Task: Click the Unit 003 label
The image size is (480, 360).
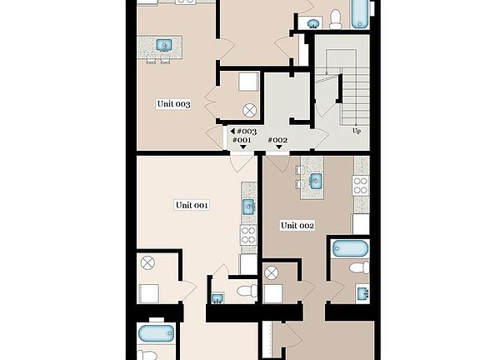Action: tap(174, 104)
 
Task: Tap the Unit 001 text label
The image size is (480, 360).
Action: tap(191, 205)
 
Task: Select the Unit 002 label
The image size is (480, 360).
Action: tap(297, 225)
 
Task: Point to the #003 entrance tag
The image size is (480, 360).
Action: tap(246, 132)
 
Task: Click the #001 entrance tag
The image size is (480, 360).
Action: tap(242, 141)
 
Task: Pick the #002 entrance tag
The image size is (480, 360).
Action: tap(277, 140)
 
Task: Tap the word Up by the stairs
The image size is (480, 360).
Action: tap(357, 131)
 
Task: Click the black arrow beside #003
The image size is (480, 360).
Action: tap(232, 132)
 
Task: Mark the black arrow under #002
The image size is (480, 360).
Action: tap(278, 149)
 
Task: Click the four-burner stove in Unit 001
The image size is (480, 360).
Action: tap(248, 235)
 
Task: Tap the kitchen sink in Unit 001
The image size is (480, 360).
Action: tap(248, 207)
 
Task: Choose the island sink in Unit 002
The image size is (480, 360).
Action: tap(316, 180)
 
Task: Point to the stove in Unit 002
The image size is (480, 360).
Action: tap(361, 185)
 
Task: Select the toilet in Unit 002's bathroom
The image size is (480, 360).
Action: tap(359, 267)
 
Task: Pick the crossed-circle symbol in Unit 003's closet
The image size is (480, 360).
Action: tap(248, 110)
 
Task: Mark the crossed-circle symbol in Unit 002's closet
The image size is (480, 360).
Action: tap(271, 272)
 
